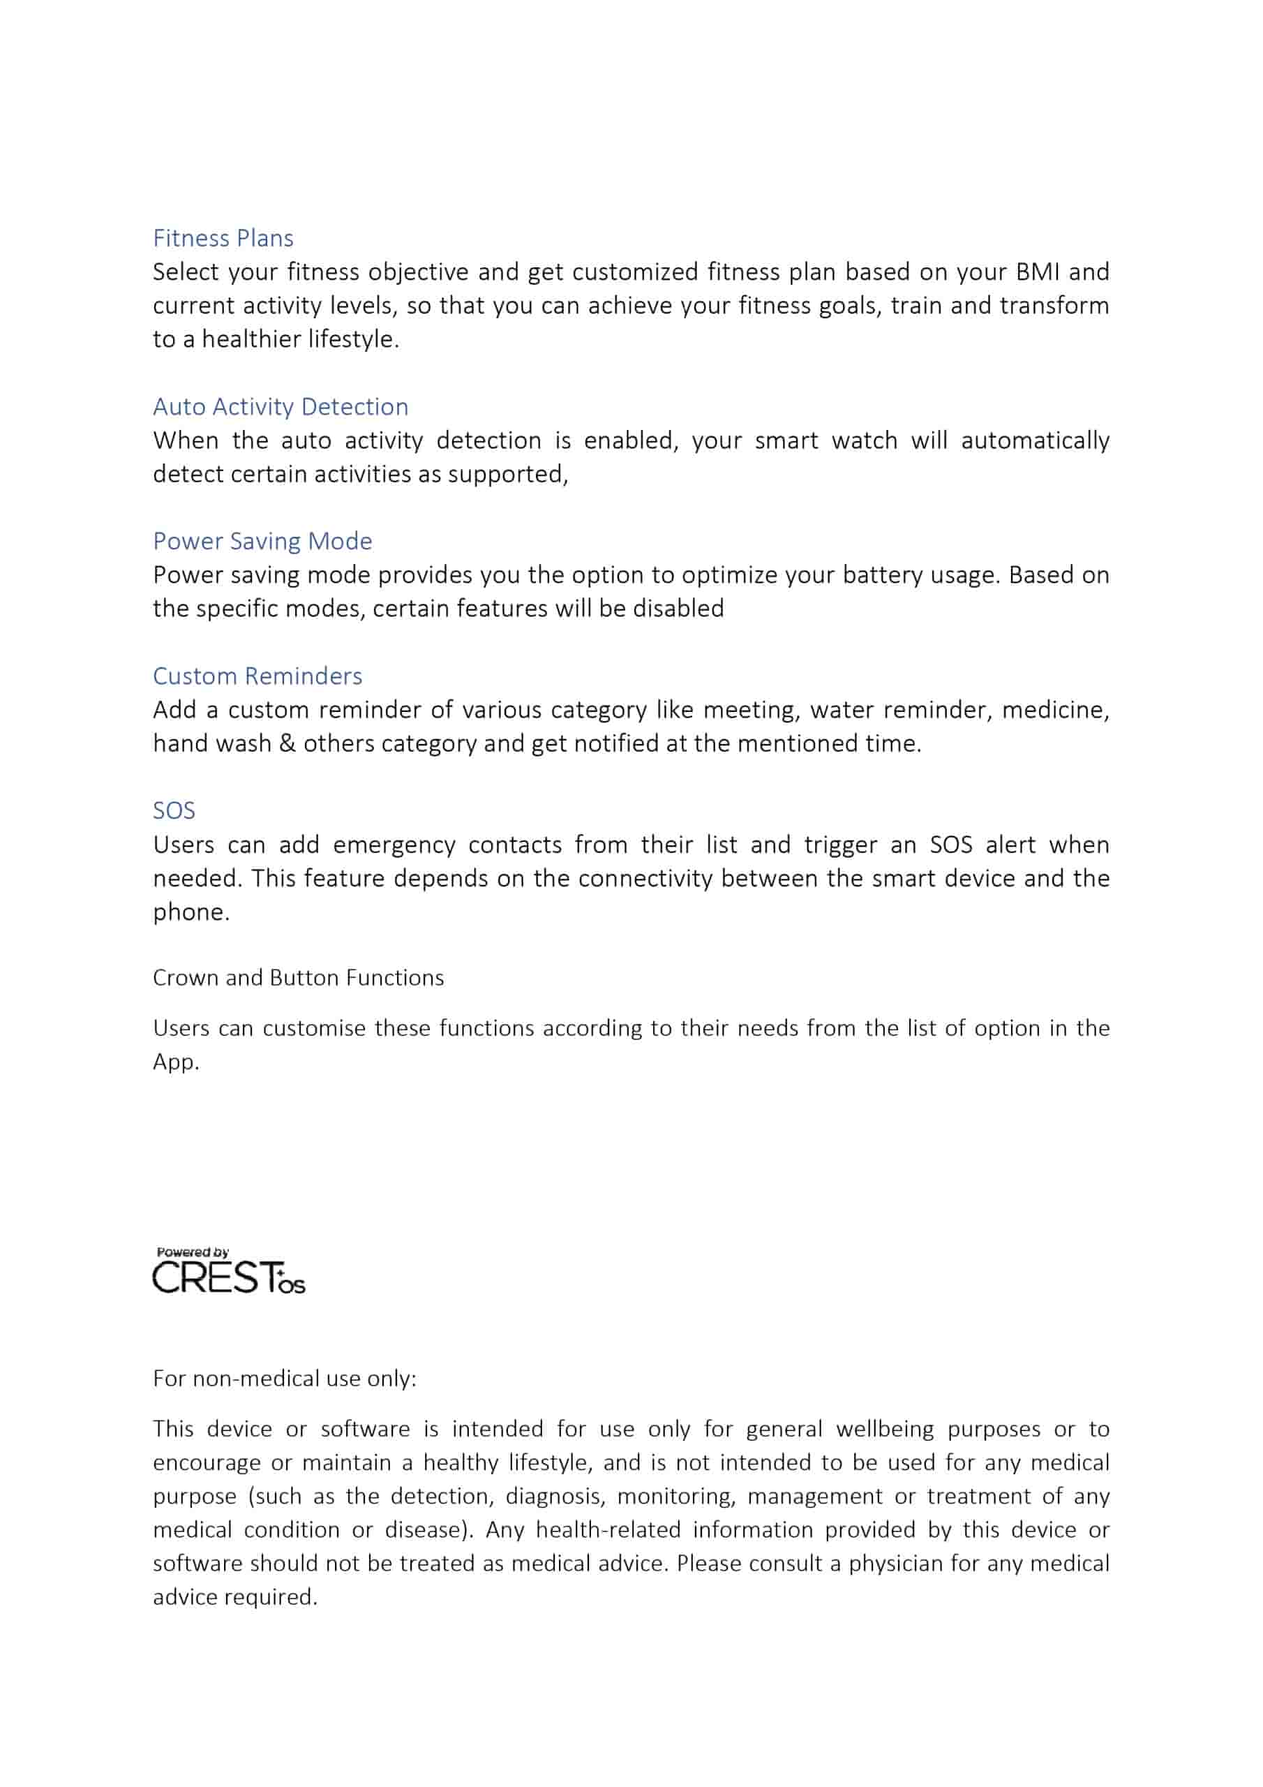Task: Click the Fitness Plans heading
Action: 223,238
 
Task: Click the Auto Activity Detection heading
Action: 280,407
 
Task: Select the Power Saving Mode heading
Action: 262,542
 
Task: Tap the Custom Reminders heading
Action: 257,676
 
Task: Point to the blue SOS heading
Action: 174,811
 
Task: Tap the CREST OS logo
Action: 228,1278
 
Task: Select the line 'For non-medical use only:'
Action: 284,1379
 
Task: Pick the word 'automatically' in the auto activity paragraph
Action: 1034,441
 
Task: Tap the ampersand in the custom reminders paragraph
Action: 287,744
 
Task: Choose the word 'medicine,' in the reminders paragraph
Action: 1054,711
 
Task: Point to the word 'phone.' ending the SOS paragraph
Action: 190,912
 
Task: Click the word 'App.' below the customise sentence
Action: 176,1062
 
